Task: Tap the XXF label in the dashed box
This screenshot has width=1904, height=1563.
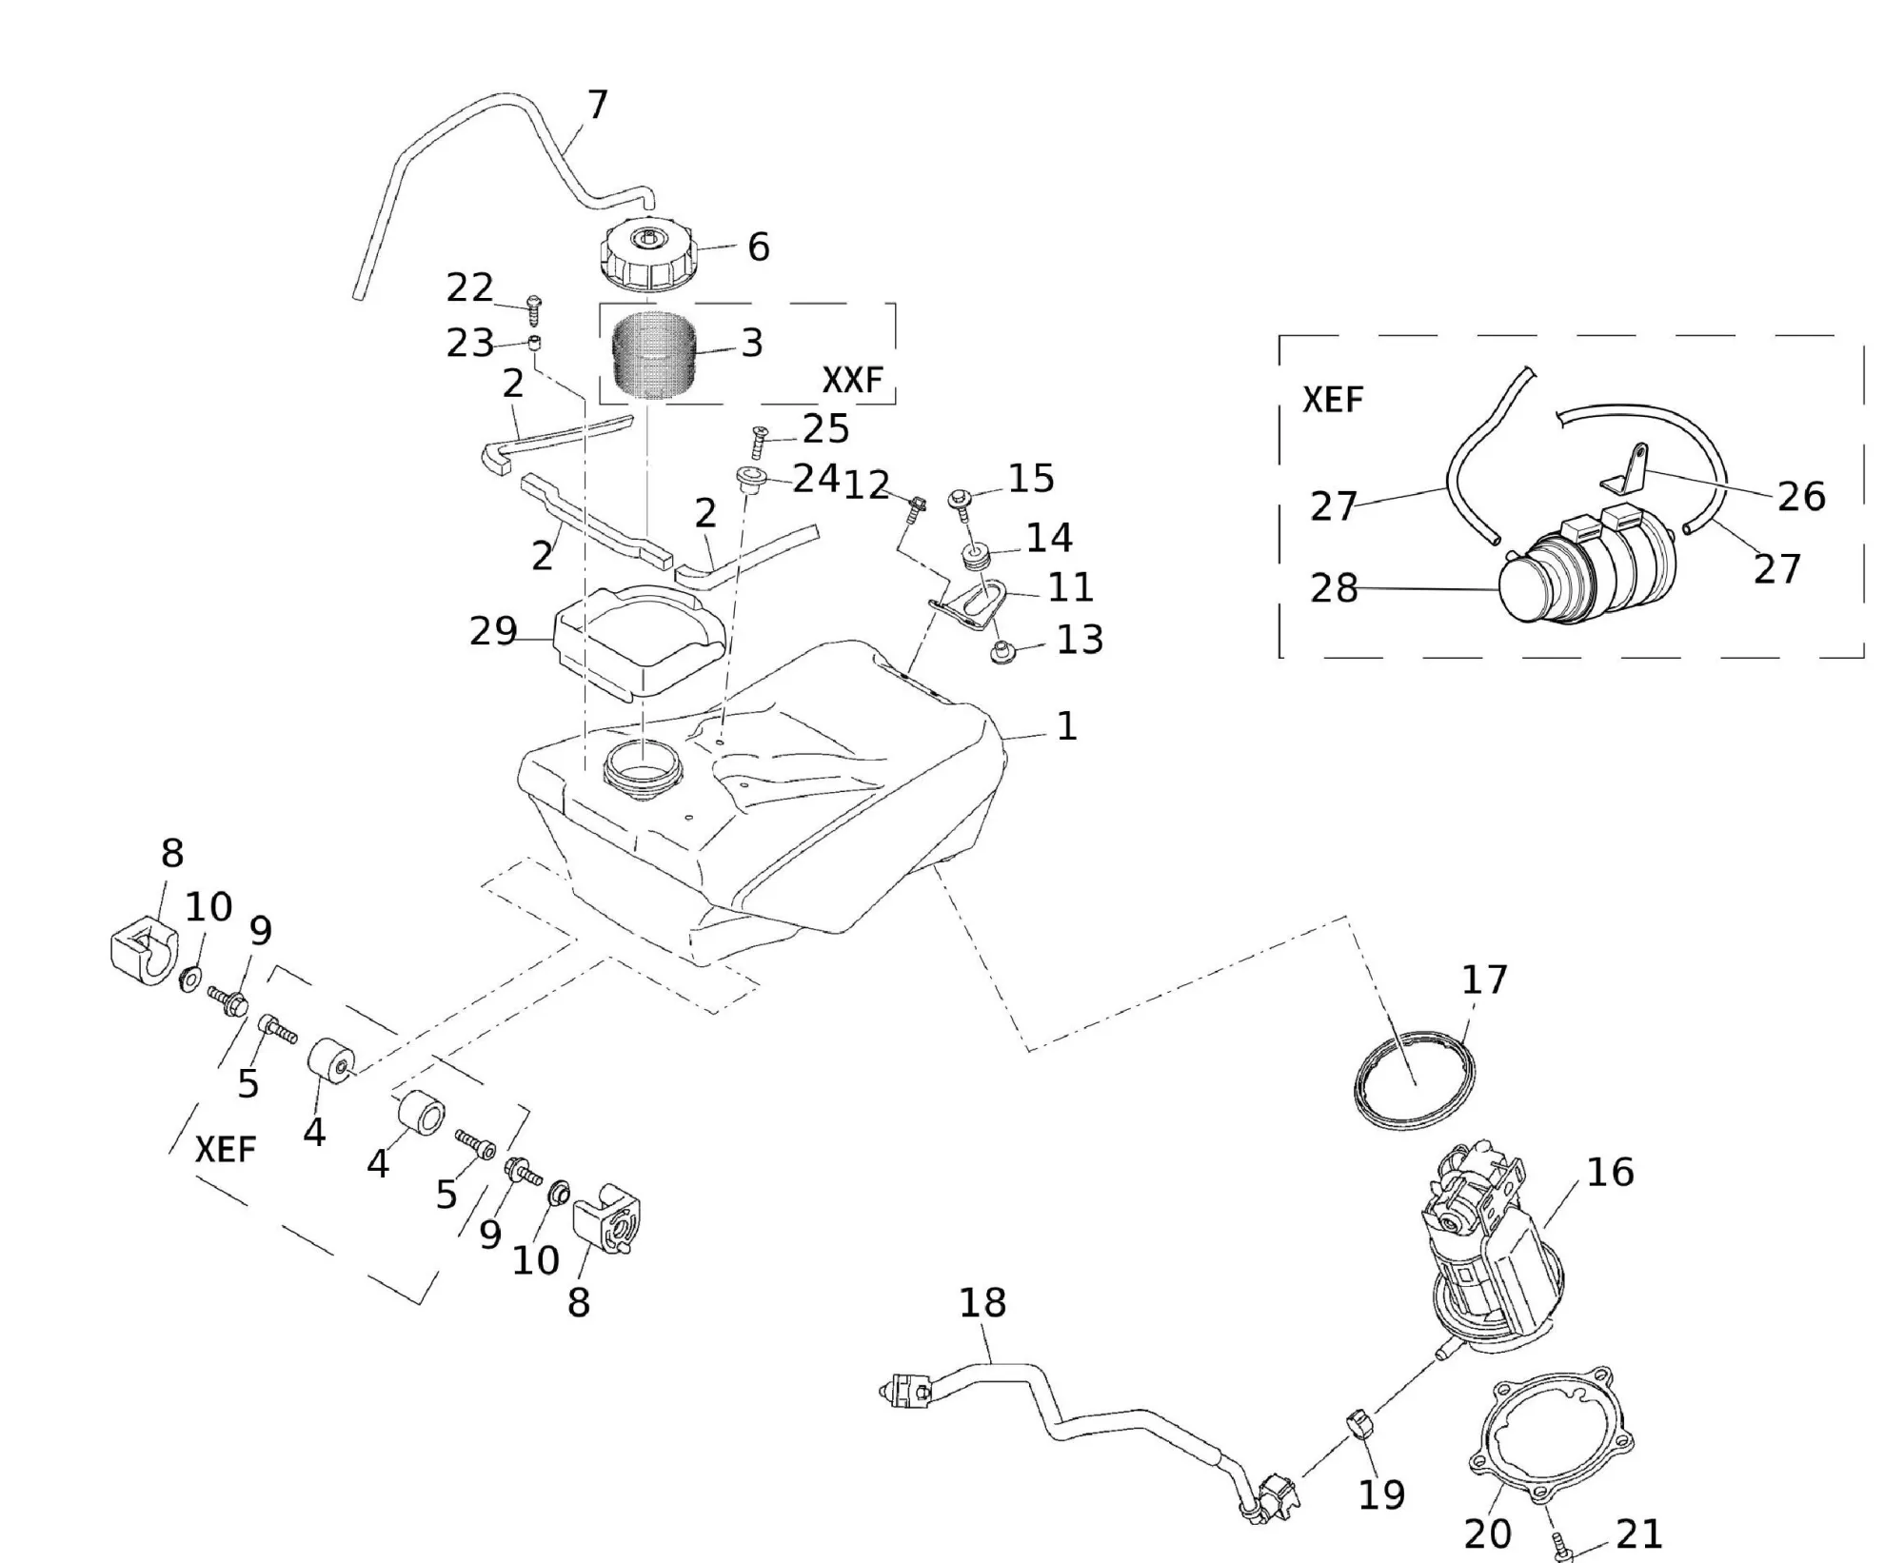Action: tap(852, 381)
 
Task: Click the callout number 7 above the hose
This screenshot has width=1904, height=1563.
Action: tap(597, 105)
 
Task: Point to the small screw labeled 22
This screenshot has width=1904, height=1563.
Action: tap(533, 307)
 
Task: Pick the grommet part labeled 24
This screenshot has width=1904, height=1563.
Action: tap(752, 478)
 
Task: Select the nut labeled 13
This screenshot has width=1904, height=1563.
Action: tap(1001, 652)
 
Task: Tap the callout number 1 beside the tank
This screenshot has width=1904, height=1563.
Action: tap(1067, 726)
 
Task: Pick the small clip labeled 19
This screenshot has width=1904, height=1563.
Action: tap(1359, 1426)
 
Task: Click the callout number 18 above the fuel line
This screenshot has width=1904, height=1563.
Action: tap(982, 1303)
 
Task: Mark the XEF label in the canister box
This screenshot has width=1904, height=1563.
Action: tap(1333, 400)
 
